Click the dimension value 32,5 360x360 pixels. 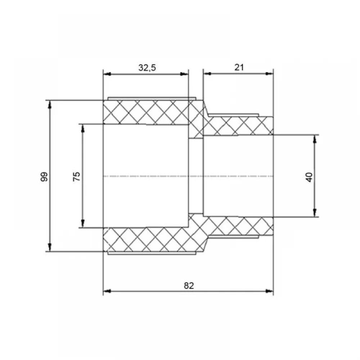(147, 68)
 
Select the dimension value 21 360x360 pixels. (239, 67)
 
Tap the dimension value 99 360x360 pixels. (44, 176)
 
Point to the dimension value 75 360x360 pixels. (77, 176)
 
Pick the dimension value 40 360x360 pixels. (309, 177)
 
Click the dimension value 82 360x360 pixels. (189, 285)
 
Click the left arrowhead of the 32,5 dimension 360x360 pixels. (107, 74)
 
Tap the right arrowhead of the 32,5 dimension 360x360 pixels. (184, 74)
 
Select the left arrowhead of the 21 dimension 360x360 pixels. (207, 73)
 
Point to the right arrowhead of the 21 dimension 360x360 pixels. (269, 73)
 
